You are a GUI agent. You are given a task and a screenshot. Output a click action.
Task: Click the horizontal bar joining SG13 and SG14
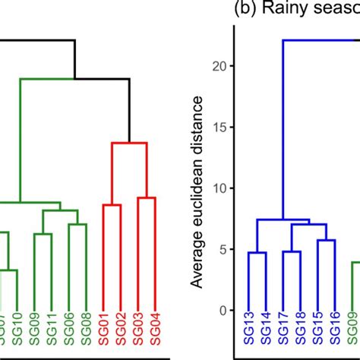257,252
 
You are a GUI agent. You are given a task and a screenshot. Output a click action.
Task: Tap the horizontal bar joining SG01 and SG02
113,204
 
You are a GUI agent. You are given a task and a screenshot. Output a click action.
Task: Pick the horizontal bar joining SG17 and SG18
292,251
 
